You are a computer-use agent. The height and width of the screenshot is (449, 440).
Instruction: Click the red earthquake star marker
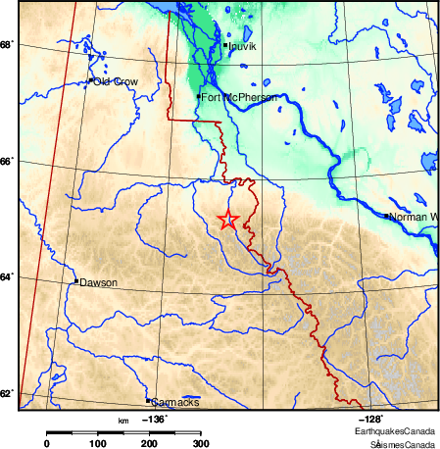pos(227,220)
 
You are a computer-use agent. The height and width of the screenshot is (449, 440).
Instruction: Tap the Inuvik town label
pos(243,46)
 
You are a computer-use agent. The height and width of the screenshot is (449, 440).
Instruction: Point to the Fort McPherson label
pos(238,98)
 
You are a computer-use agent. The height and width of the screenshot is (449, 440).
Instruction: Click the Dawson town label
pos(99,282)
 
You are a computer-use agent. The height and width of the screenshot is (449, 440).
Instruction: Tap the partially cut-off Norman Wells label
pos(413,216)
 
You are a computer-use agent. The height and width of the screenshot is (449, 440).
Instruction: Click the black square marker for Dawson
pos(76,281)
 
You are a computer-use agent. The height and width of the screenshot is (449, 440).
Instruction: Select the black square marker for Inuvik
pos(225,45)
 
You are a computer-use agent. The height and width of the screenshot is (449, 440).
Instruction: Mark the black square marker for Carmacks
pos(148,400)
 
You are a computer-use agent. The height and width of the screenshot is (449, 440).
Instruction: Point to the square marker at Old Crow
pos(91,80)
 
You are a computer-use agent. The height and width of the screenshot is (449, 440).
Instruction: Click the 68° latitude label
pos(6,45)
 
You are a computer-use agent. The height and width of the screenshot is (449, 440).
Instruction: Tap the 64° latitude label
pos(6,277)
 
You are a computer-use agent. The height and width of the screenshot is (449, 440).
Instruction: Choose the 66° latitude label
pos(6,161)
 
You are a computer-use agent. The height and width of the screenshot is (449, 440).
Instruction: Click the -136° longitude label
pos(155,420)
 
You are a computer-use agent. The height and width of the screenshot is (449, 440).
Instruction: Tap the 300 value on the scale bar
pos(200,444)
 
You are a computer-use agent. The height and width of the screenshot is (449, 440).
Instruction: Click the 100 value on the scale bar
pos(98,444)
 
